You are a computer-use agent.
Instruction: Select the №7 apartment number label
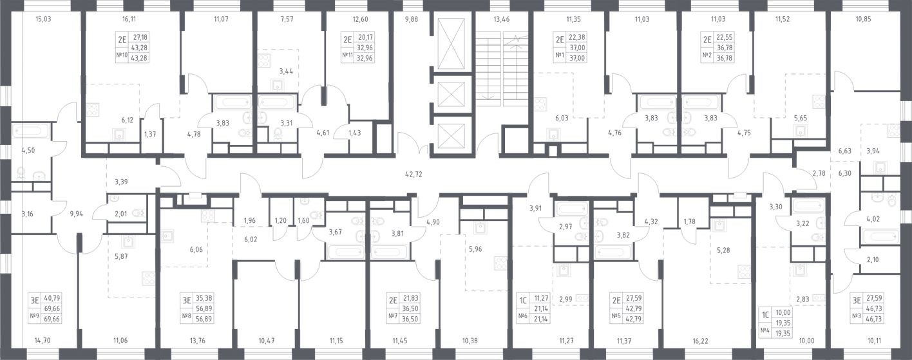pos(393,316)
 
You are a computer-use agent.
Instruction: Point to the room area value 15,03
pos(43,20)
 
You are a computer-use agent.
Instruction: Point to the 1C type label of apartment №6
pos(524,299)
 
